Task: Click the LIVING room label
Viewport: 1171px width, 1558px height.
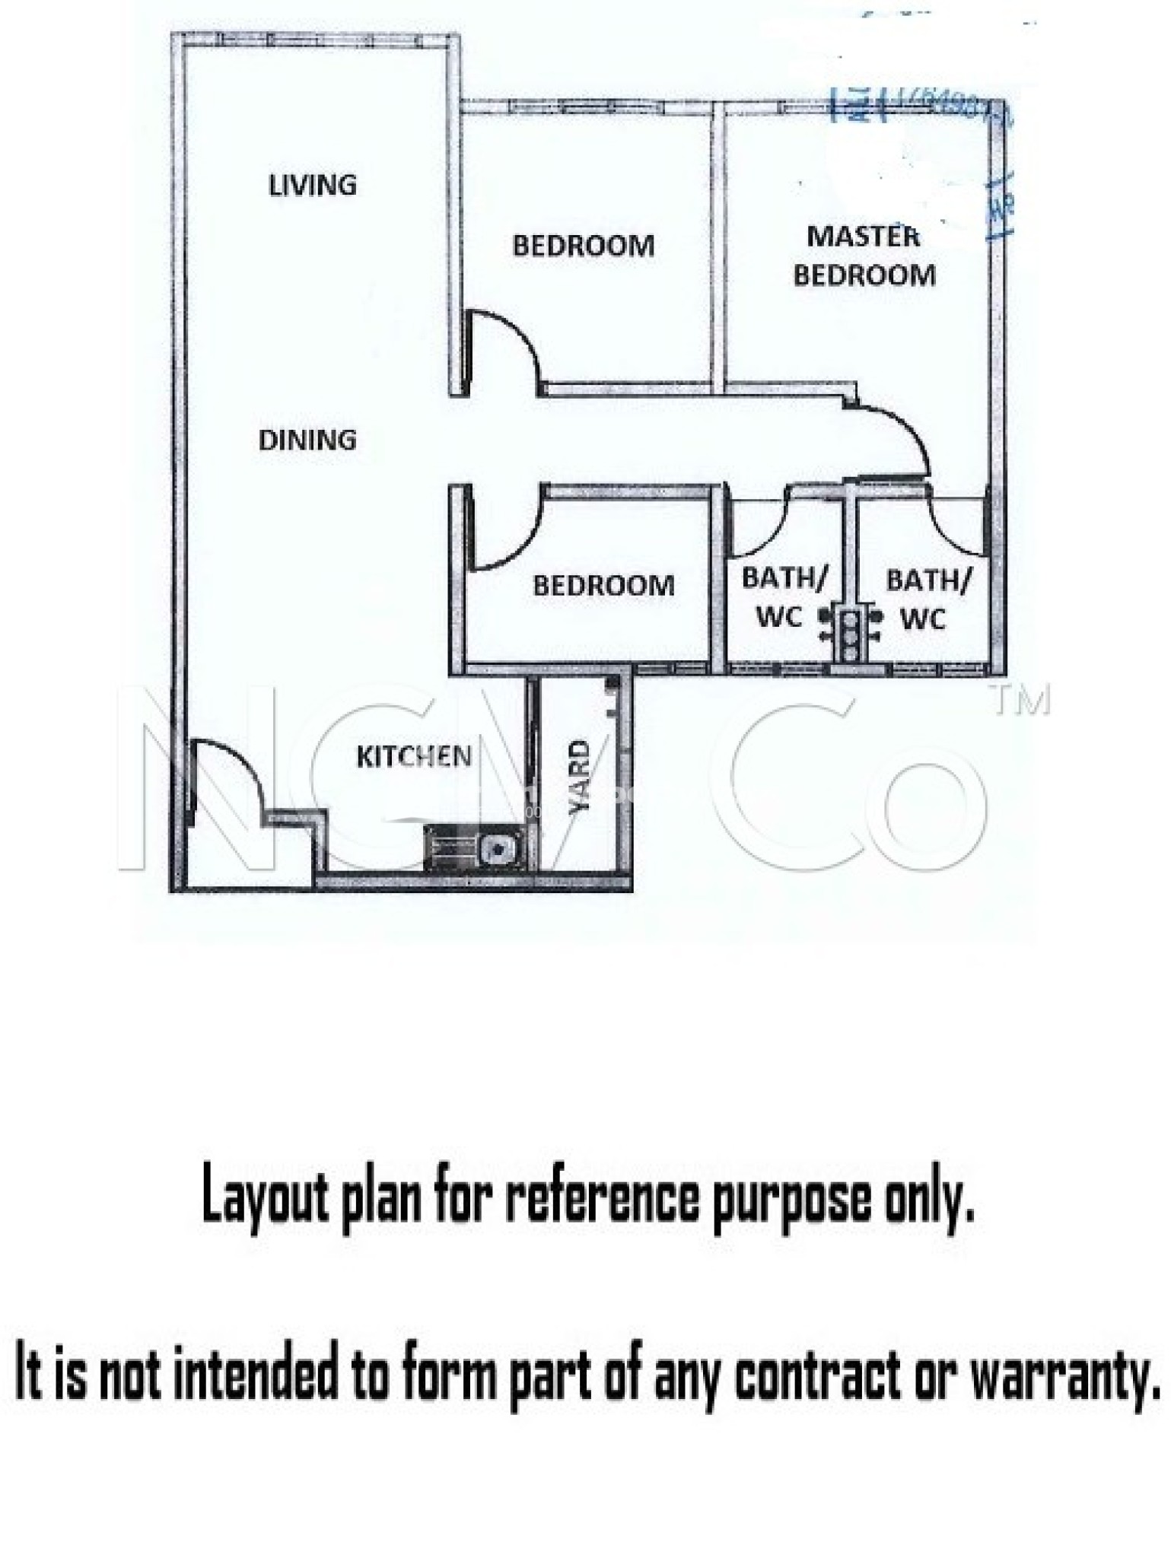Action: pos(313,185)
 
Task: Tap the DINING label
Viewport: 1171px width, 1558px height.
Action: pos(307,440)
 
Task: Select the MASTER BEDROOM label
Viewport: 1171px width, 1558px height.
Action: pos(864,256)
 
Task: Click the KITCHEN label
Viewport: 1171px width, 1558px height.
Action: pos(414,756)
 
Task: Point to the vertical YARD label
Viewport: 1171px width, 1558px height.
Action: pos(580,777)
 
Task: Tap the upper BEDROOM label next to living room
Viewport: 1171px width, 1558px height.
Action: pos(583,246)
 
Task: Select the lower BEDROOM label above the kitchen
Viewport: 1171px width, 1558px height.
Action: pos(603,585)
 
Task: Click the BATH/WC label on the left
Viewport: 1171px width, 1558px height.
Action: pos(782,597)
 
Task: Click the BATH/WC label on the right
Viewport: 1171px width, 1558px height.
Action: pos(927,599)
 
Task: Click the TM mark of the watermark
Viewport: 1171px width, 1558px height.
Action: pos(1022,699)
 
